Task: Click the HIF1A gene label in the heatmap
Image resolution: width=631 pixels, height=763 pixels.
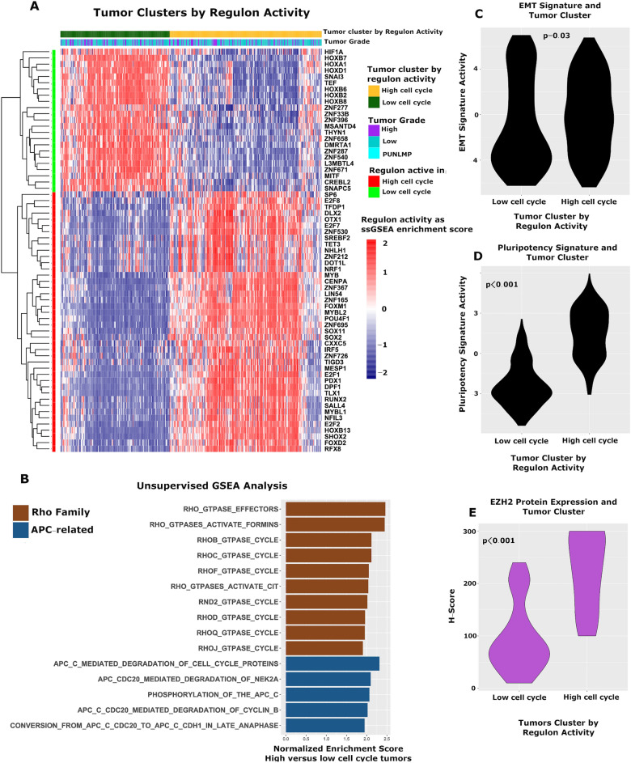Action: (x=335, y=51)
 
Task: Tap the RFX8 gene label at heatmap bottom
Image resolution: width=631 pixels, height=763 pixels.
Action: (x=333, y=448)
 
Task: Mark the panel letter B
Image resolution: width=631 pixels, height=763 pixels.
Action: (x=25, y=480)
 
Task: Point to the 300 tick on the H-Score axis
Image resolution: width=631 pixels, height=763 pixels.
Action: (x=468, y=532)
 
